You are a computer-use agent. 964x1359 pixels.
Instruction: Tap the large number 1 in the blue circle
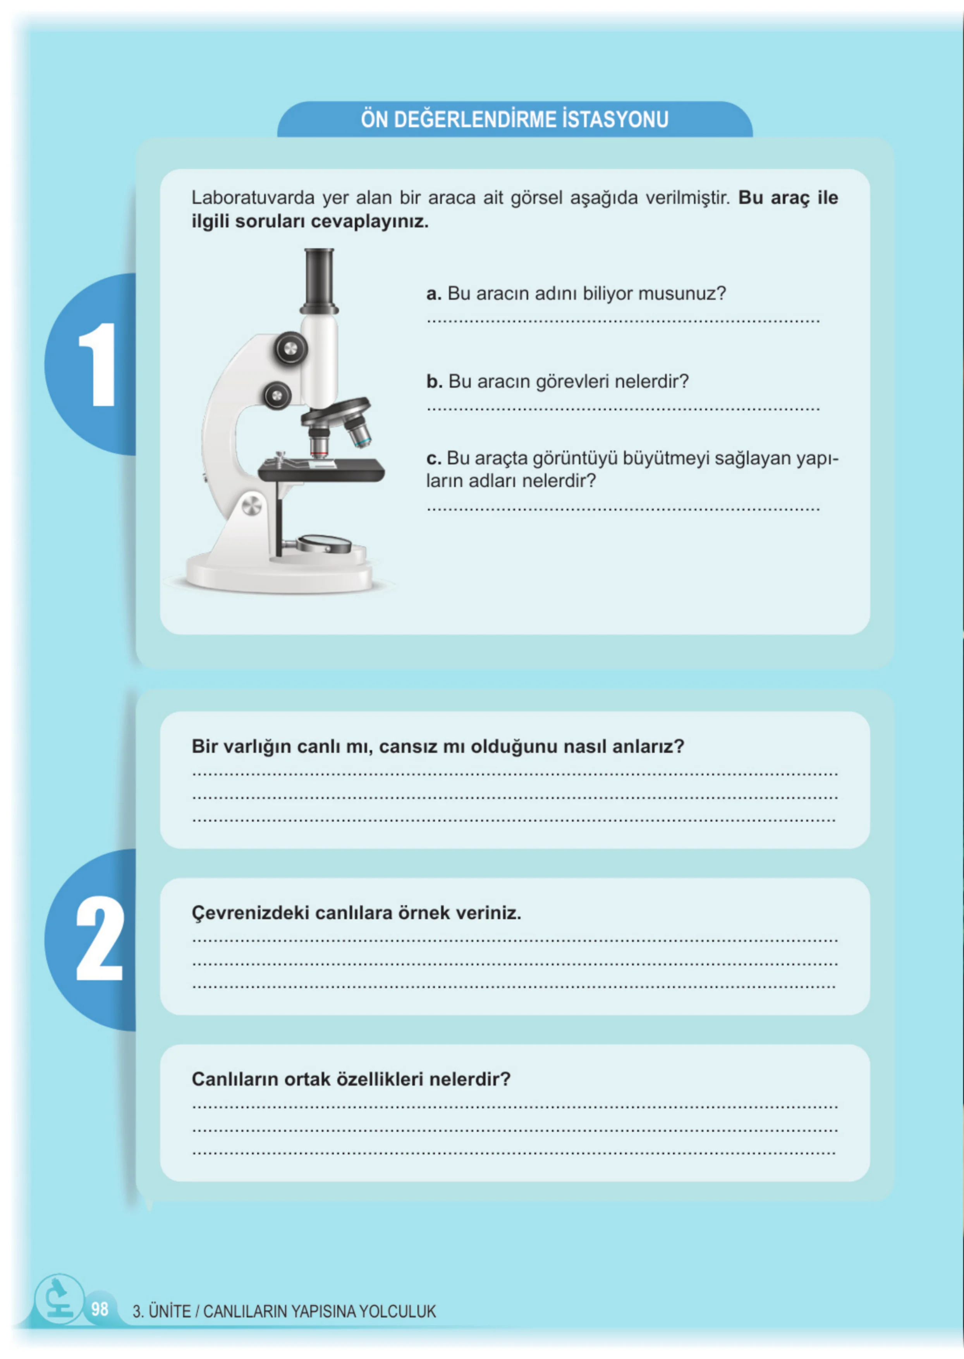(x=98, y=364)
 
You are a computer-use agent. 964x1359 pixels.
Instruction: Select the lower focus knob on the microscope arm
(x=277, y=395)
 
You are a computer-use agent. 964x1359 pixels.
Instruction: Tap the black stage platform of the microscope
(x=321, y=470)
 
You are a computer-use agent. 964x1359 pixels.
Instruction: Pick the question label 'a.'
(x=433, y=294)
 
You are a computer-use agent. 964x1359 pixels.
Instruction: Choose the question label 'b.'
(x=434, y=382)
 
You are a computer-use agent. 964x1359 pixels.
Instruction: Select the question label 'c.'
(x=433, y=459)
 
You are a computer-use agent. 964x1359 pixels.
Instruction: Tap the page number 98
(x=100, y=1309)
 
